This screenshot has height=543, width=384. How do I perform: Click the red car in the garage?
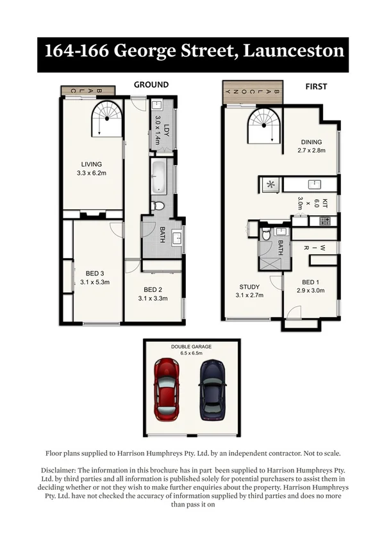(167, 389)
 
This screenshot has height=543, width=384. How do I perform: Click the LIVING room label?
(92, 163)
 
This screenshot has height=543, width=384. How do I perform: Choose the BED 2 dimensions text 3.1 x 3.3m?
(153, 298)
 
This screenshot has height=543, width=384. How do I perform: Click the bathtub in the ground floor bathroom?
(158, 177)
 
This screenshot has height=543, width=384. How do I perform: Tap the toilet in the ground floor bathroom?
(158, 206)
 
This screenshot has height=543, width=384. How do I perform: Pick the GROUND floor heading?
(151, 85)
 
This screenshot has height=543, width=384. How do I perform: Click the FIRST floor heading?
(316, 86)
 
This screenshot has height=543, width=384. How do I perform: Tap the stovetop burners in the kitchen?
(324, 221)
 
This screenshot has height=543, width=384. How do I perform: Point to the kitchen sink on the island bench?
(313, 184)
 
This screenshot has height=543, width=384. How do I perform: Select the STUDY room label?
(249, 286)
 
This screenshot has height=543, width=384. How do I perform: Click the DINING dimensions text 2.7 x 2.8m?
(312, 151)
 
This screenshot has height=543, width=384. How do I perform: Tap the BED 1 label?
(310, 282)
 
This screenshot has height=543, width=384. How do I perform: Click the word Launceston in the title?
(293, 51)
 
